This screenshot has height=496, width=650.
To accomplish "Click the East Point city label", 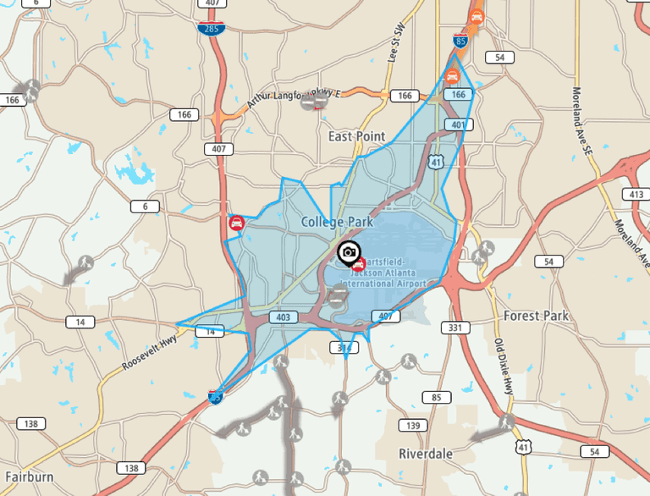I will click(356, 136).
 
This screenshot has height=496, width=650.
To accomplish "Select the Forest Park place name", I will click(536, 316).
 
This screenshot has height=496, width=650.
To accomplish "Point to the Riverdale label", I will click(425, 454).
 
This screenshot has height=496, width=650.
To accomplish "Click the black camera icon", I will click(347, 251).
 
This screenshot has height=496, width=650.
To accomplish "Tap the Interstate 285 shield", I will click(212, 29).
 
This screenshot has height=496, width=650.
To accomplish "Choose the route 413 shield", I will click(635, 195).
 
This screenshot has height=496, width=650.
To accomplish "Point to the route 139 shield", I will click(411, 425).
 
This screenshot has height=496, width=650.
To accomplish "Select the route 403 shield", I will click(283, 317).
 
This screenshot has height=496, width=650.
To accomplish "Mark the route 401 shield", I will click(457, 125).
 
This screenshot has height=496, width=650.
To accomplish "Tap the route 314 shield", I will click(344, 348).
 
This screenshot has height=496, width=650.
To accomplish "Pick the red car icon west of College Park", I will click(237, 223).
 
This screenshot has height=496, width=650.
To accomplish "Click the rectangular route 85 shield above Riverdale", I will click(437, 397).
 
